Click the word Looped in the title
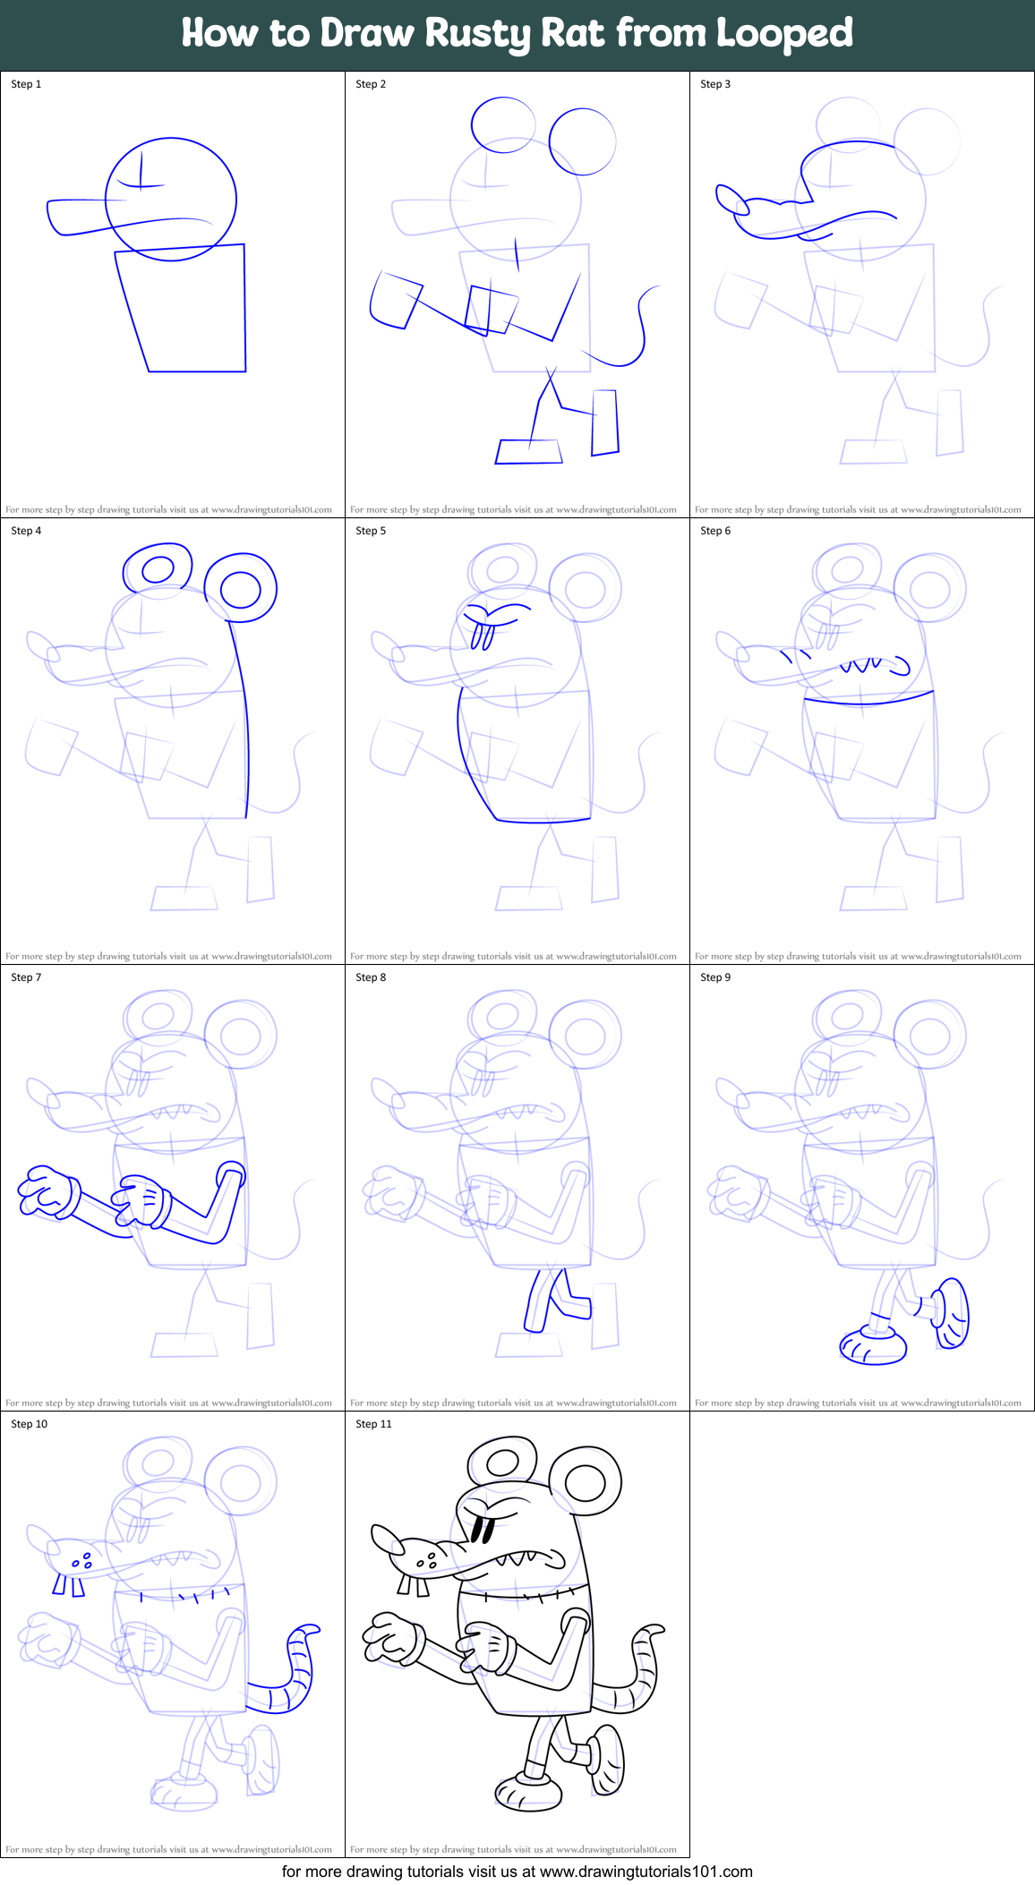click(784, 33)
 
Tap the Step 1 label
click(26, 84)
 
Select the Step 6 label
click(715, 531)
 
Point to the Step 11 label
click(373, 1424)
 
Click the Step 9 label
click(715, 977)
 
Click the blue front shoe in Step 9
click(873, 1346)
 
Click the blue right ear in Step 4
click(240, 588)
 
